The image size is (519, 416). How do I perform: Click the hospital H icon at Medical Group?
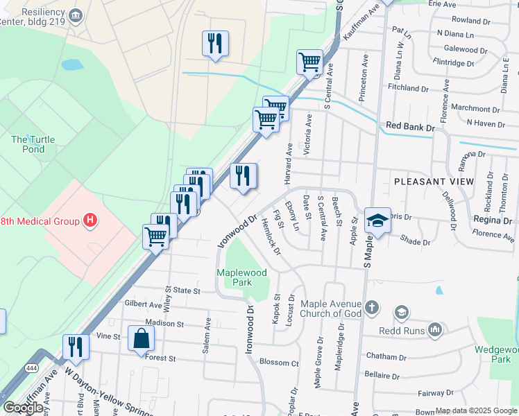pos(90,221)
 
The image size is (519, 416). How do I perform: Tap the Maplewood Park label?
pos(241,278)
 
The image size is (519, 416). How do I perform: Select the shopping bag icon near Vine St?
pos(141,338)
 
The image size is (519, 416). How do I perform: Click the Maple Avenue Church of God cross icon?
pos(372,307)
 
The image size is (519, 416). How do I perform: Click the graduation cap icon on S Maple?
pos(377,220)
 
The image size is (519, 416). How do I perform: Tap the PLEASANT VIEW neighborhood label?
pos(434,182)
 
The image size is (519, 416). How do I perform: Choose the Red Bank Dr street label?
pos(410,127)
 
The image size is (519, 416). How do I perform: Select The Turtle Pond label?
pos(33,144)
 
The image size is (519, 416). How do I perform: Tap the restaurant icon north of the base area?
pos(215,43)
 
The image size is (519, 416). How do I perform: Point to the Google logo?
pos(24,408)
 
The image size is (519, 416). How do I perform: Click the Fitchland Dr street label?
pos(409,89)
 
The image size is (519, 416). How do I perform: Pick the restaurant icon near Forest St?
pos(76,347)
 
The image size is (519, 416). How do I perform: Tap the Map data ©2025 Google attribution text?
pos(476,411)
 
